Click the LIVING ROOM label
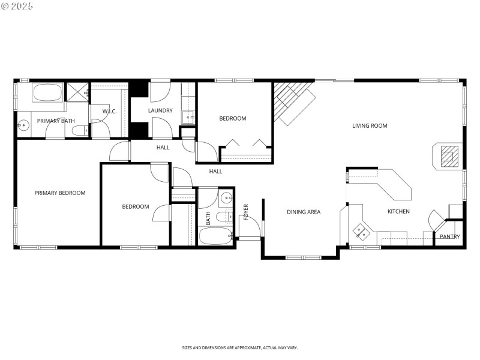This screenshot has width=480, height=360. pos(370,126)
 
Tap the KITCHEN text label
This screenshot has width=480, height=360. pos(398,212)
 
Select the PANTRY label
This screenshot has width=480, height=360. pos(449,237)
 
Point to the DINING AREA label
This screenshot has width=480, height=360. pos(304,212)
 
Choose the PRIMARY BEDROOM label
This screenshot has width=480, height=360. pos(60,193)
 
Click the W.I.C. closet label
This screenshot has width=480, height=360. pos(109,112)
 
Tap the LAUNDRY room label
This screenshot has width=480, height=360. pos(160,110)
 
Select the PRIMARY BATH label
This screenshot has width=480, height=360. pos(56,121)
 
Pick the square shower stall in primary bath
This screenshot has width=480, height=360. pos(77,92)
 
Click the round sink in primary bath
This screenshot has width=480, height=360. pos(23,125)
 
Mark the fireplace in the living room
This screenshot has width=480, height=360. pos(448,157)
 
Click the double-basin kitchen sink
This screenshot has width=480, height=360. pos(362,230)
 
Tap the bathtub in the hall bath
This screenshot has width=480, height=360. pos(215,236)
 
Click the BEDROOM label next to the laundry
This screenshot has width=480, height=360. pos(232,119)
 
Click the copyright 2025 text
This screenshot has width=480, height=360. pos(17,5)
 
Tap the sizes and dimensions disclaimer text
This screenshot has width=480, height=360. pos(240,347)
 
